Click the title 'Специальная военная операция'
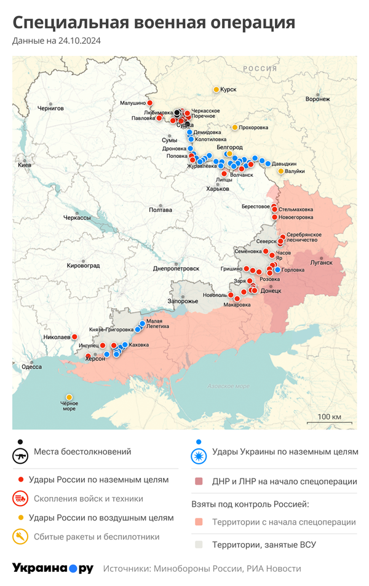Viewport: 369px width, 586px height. pos(154,23)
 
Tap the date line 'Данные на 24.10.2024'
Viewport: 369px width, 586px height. pos(57,41)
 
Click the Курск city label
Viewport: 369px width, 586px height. pos(228,90)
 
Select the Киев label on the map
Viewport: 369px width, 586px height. pos(25,166)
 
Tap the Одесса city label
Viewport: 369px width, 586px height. pos(31,367)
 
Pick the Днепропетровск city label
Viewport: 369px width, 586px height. pos(176,268)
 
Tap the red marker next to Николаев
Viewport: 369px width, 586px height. pos(74,337)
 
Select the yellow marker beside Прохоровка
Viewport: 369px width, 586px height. pos(235,127)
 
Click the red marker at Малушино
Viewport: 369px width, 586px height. pos(149,103)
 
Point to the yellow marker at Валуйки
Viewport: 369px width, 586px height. pos(281,171)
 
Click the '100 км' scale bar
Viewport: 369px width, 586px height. pos(328,421)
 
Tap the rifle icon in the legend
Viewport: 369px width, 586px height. pos(21,456)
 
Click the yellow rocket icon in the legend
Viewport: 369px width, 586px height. pos(21,537)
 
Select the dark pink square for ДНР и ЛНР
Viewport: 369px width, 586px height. pos(198,482)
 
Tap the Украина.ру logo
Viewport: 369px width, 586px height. pos(52,568)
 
